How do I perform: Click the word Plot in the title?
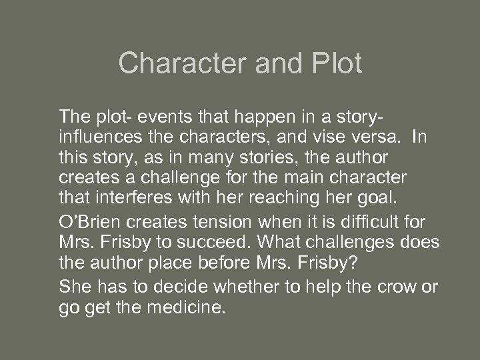(x=336, y=63)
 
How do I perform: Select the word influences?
(x=99, y=137)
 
